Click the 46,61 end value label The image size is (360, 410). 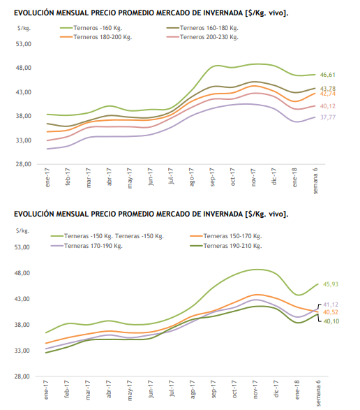[x=328, y=75]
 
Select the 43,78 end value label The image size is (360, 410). [x=328, y=89]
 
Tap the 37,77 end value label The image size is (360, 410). [x=328, y=117]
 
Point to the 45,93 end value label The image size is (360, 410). [x=331, y=284]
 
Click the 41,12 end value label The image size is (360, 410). [x=331, y=305]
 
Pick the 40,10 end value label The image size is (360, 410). [x=331, y=321]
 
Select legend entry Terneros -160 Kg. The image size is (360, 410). [x=91, y=28]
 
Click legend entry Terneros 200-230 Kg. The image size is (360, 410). [x=202, y=37]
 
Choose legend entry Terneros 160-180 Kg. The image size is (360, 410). [x=202, y=28]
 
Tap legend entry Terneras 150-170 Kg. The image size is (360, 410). [x=226, y=236]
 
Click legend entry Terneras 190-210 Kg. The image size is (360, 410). [x=226, y=246]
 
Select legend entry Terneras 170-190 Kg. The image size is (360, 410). [x=87, y=246]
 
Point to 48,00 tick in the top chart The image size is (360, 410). [x=24, y=68]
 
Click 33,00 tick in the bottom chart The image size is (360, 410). [x=22, y=351]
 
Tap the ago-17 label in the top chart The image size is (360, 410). [x=191, y=177]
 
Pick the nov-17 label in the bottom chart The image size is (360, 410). [x=255, y=389]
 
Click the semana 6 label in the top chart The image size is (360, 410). [x=315, y=181]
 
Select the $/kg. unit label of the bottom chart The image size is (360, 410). [x=22, y=230]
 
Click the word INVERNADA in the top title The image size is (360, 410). [x=223, y=13]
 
